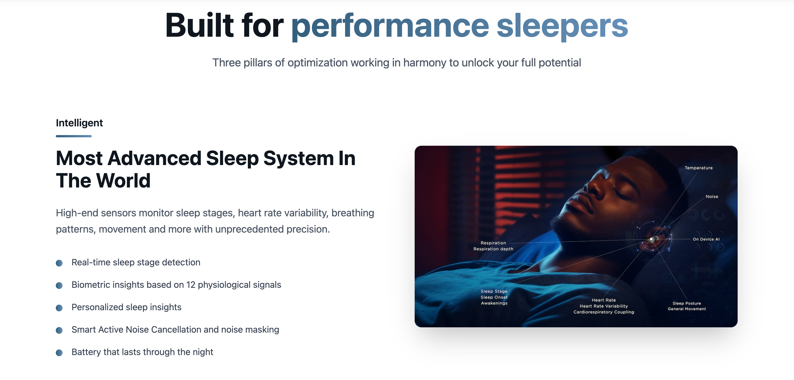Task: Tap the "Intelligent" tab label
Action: (x=79, y=123)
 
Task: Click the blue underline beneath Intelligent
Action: (x=74, y=136)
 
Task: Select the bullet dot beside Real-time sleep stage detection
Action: (x=59, y=263)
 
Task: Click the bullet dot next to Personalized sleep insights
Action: (x=59, y=308)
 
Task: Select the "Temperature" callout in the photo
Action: (x=698, y=168)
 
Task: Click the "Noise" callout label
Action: (x=712, y=197)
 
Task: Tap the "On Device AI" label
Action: (x=706, y=239)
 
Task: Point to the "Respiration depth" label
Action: (x=493, y=249)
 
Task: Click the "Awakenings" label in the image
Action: (x=494, y=303)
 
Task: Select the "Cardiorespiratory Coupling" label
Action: (x=604, y=312)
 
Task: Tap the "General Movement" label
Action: (x=687, y=309)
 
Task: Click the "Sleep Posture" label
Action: (x=687, y=303)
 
